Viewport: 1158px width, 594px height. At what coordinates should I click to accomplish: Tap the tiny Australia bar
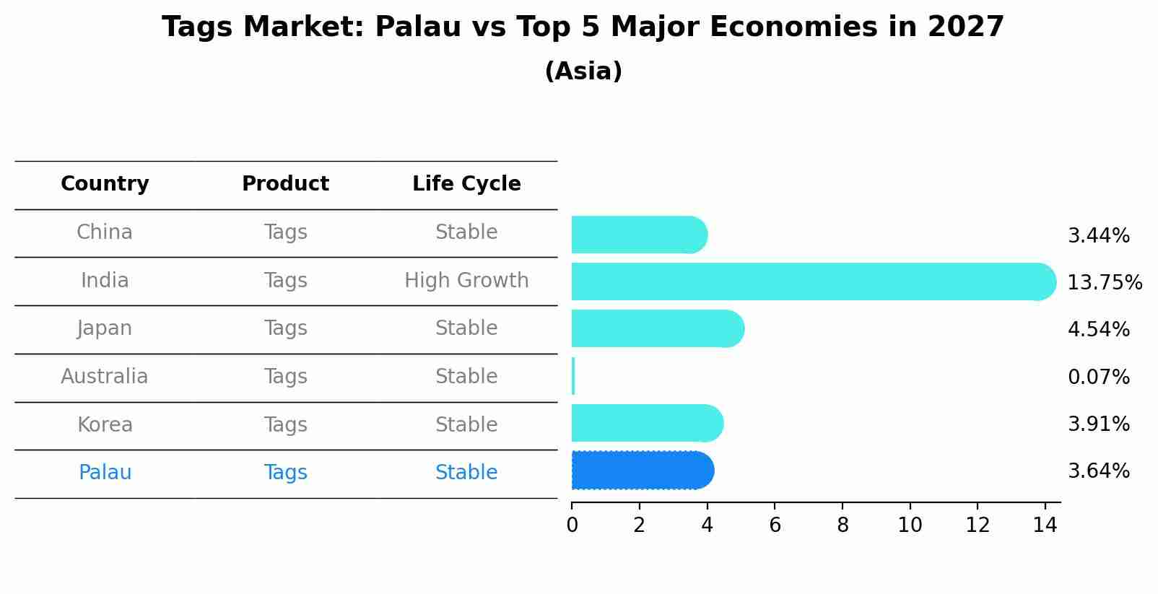573,376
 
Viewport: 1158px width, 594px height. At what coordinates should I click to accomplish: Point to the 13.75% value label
1105,282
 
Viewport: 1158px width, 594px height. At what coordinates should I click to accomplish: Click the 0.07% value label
1098,377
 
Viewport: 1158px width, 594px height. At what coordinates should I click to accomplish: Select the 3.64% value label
1098,471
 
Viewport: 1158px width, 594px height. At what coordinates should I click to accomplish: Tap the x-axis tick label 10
910,525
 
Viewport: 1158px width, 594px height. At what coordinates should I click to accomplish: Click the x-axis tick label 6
775,525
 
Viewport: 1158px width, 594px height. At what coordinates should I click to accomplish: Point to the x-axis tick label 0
572,525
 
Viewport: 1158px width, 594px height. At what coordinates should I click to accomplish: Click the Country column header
105,184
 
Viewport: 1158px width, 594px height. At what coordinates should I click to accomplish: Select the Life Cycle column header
466,184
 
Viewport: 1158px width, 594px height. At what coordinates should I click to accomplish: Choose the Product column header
285,184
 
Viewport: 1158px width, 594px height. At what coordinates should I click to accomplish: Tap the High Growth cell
466,281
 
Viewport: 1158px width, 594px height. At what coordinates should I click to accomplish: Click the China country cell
105,232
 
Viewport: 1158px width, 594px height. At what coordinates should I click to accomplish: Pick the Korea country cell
105,424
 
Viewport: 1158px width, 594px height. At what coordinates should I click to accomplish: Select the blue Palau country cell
105,473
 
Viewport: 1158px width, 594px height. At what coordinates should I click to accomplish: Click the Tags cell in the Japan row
285,328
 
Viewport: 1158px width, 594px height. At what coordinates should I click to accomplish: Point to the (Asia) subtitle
583,71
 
